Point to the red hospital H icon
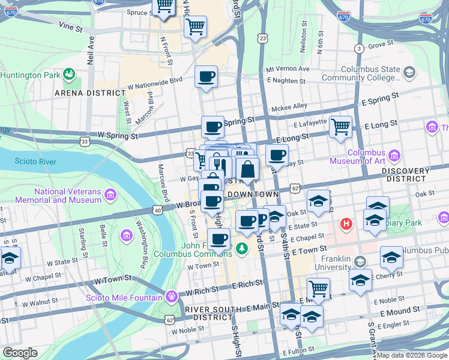pos(346,224)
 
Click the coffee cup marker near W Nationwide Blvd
pos(206,77)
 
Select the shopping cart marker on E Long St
pos(340,127)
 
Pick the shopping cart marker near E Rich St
pos(318,289)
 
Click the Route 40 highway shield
pos(157,210)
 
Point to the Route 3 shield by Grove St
pos(359,48)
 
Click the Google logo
pos(19,353)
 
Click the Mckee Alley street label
pos(289,106)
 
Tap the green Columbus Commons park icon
pos(242,247)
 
